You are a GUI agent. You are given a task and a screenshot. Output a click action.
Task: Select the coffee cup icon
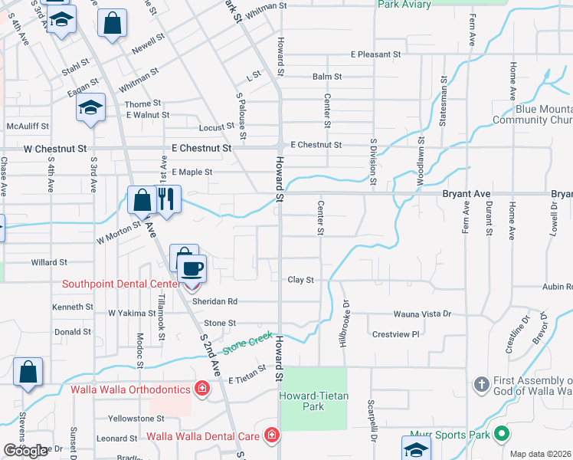192,268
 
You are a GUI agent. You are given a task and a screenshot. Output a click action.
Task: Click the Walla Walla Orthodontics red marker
201,388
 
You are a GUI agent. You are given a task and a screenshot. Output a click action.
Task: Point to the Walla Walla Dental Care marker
271,436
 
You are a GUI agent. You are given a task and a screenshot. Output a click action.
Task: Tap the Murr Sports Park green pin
502,435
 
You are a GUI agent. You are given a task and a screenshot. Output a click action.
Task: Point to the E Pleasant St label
375,55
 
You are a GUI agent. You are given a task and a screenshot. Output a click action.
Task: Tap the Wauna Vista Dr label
423,314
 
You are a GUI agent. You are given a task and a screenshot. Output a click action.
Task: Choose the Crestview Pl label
395,334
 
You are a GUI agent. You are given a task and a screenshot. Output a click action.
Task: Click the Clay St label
301,281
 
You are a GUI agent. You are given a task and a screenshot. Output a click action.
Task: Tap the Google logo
25,450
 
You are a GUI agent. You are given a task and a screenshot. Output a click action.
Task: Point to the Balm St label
326,77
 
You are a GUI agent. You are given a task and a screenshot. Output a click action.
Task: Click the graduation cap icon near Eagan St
90,108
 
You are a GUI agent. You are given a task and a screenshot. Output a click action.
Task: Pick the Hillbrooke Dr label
342,322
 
